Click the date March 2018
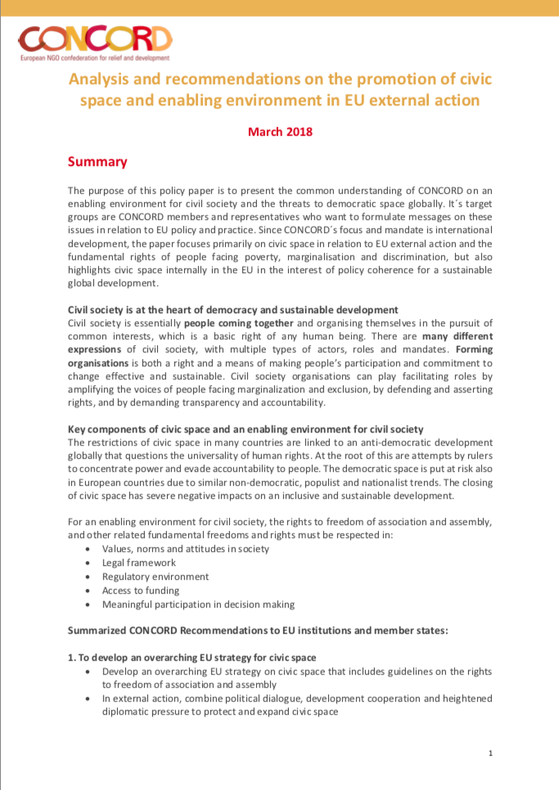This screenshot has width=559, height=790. (x=280, y=131)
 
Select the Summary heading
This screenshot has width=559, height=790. (x=97, y=162)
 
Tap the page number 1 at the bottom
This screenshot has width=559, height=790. (x=489, y=752)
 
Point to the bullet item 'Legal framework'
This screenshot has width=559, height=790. (x=140, y=563)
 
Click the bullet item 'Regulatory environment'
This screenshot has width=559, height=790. (x=156, y=577)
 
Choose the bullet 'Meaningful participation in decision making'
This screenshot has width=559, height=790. (x=199, y=604)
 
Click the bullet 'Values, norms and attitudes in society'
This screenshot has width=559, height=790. (x=184, y=549)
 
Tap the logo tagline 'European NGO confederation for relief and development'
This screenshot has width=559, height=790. (x=94, y=58)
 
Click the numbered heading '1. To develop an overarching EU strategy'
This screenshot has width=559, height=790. (x=192, y=658)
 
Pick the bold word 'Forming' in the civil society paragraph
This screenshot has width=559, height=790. (x=471, y=350)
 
